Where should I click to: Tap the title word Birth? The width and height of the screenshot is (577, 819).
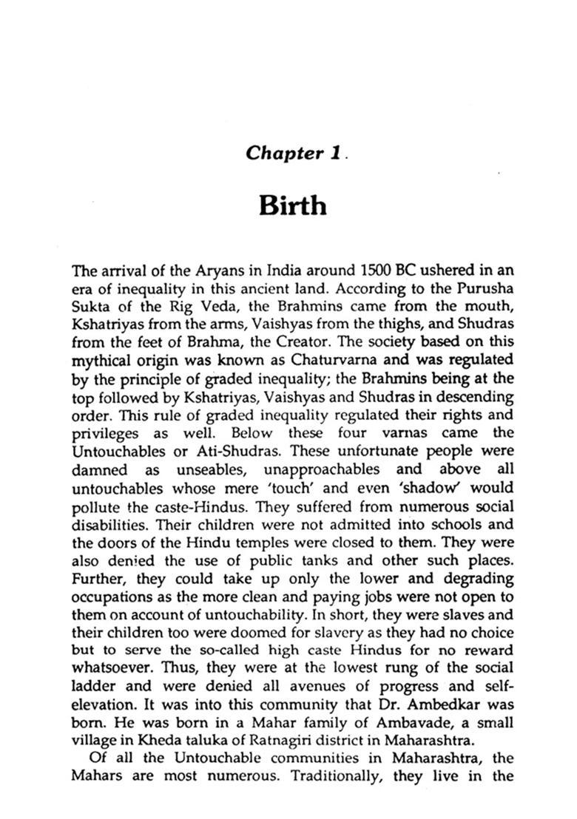292,205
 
